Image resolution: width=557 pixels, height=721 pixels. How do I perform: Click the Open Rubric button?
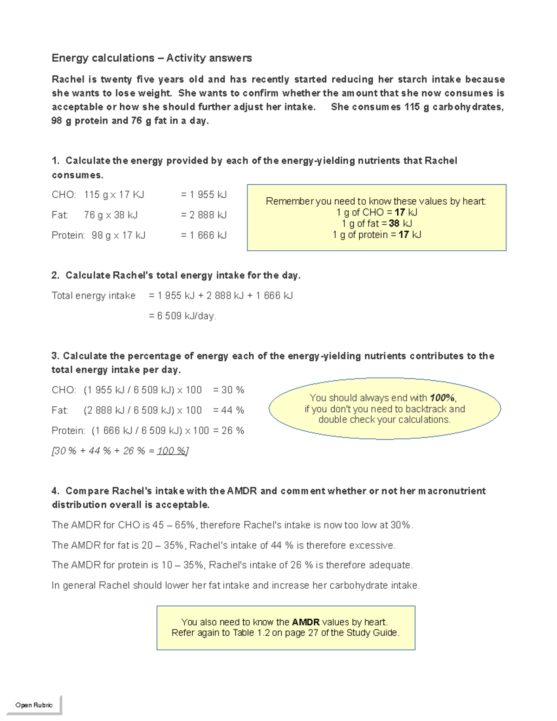pos(34,705)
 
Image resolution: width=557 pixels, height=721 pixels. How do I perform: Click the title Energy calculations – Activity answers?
pos(151,58)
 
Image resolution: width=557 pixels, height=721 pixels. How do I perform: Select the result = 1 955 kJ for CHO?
pos(204,195)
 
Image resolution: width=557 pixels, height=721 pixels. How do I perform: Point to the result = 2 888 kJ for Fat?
pos(204,215)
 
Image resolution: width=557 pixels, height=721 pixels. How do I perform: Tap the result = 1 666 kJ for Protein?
pos(204,235)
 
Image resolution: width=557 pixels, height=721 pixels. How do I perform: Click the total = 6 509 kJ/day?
pos(182,316)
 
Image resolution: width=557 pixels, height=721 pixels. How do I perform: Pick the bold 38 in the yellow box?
pos(394,223)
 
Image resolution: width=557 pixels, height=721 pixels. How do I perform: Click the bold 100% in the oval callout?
pos(442,398)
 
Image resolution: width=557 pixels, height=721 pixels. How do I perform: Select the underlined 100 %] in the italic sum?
pos(173,451)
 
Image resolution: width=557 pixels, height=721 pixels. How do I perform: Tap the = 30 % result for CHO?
pos(228,390)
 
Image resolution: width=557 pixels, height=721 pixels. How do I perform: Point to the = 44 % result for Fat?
pos(228,410)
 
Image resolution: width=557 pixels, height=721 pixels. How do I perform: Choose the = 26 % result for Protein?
pos(233,431)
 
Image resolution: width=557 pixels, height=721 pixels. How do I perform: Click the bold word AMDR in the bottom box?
pos(305,622)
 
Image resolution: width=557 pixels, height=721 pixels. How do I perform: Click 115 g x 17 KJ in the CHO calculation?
pos(114,195)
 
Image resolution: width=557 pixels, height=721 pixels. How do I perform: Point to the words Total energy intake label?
pos(93,296)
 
